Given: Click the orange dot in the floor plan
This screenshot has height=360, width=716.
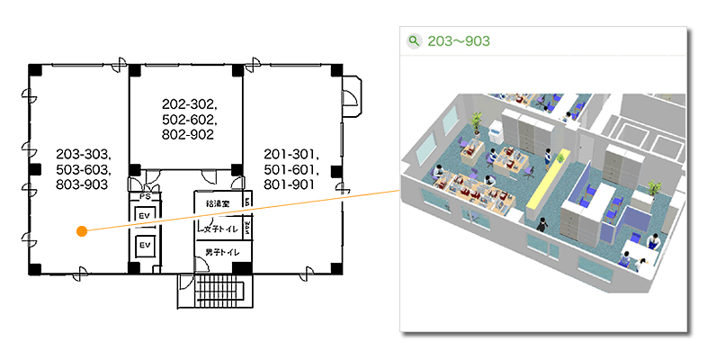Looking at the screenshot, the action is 82,231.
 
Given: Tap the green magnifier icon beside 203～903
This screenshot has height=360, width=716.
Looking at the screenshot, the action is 414,41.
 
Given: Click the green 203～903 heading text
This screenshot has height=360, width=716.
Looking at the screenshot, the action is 459,41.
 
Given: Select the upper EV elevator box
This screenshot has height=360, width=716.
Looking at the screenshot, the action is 145,215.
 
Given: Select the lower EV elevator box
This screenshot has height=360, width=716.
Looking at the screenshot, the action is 145,246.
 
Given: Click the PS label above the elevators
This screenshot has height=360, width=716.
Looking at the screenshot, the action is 145,196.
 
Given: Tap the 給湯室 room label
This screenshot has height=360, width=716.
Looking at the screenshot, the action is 218,203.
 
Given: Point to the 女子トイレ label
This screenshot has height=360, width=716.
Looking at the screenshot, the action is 220,229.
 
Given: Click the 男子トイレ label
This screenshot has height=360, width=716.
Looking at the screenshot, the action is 222,252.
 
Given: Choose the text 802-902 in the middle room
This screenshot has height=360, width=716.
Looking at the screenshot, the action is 188,135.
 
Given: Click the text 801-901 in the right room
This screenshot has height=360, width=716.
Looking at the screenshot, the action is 290,185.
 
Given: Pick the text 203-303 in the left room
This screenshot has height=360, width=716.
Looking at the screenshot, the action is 82,155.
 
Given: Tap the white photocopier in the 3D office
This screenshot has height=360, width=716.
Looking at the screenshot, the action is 496,132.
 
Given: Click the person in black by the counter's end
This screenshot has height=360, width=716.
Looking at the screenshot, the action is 542,225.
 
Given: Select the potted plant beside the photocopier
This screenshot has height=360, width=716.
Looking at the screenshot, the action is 476,123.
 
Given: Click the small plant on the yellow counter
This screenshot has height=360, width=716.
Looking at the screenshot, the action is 560,158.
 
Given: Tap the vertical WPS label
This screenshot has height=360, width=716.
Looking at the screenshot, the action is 247,226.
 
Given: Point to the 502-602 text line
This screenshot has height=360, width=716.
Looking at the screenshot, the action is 189,120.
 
